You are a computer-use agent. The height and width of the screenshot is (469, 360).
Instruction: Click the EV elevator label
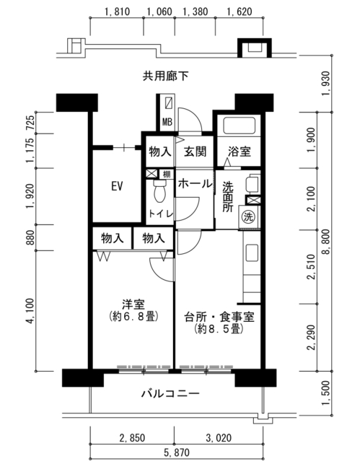tap(117, 186)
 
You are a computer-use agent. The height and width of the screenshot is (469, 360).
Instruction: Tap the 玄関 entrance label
tap(195, 152)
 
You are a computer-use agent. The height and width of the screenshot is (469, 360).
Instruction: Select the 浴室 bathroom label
tap(239, 152)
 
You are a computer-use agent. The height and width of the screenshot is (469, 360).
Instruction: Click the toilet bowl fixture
tap(159, 191)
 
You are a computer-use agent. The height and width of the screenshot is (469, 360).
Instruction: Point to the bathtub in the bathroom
tap(239, 126)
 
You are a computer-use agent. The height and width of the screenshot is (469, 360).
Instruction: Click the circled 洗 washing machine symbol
tap(248, 216)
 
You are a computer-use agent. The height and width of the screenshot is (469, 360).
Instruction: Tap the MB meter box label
tap(167, 122)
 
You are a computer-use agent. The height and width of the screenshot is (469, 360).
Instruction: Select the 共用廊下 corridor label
tap(165, 76)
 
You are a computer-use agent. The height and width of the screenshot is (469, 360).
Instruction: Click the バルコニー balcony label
tap(170, 393)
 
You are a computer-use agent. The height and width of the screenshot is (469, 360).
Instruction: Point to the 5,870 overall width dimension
tap(177, 452)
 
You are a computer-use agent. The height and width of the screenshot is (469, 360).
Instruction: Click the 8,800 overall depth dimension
tap(326, 242)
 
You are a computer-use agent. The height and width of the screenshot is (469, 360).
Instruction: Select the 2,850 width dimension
tap(132, 438)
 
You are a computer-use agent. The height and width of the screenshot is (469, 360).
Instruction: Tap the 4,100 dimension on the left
tap(31, 311)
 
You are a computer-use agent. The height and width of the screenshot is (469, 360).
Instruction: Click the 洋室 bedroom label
tap(133, 304)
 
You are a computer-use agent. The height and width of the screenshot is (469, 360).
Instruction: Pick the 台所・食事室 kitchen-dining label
tap(219, 317)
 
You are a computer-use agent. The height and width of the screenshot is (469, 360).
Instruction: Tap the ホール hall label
tap(195, 184)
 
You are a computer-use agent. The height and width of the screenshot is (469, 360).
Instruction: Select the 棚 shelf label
tap(167, 174)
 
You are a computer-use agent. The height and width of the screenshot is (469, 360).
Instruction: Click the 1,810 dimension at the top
tap(117, 12)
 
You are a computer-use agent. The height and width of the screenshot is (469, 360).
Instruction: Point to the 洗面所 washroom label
tap(228, 197)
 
